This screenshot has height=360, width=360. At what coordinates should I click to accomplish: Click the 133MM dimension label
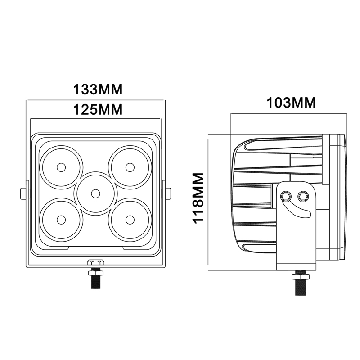click(x=98, y=89)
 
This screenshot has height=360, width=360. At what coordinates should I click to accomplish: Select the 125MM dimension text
click(x=98, y=109)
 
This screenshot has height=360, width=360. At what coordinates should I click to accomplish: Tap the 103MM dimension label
click(x=292, y=103)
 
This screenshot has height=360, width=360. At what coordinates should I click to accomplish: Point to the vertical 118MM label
click(x=198, y=198)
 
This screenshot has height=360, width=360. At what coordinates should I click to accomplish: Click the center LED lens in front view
click(x=95, y=193)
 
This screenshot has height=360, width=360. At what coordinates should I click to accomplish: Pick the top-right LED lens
click(x=130, y=167)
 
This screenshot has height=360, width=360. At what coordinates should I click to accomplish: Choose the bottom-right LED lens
click(x=130, y=219)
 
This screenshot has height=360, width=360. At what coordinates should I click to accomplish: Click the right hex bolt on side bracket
click(x=302, y=196)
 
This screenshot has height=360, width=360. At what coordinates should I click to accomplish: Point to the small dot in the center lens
click(x=95, y=193)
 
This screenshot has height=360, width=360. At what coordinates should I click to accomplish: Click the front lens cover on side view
click(x=340, y=198)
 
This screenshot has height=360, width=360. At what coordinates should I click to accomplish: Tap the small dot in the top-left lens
click(x=61, y=167)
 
